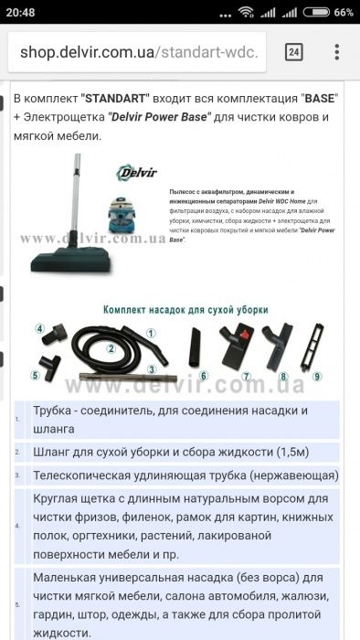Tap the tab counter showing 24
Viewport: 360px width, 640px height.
coord(294,52)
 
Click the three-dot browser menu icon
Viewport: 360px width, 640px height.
coord(337,52)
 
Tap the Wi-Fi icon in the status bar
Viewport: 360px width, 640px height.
coord(246,12)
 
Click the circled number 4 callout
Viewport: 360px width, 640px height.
coord(40,328)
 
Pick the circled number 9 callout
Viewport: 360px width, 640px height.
coord(317,376)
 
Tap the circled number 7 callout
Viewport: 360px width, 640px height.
coord(246,376)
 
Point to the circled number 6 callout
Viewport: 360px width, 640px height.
coord(204,376)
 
